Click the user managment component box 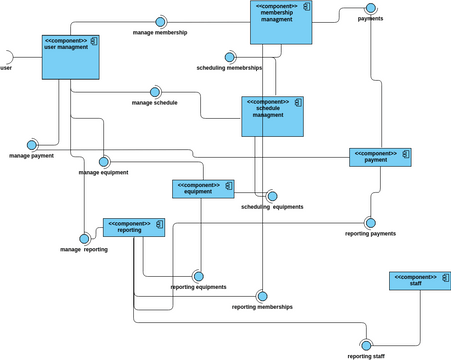[x=71, y=57]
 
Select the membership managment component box [x=281, y=22]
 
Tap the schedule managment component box [x=272, y=116]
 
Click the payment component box [x=380, y=157]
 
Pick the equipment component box [x=203, y=189]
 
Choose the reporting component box [x=134, y=228]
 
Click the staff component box [x=420, y=281]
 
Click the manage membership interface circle [x=160, y=22]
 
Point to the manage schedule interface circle [x=155, y=92]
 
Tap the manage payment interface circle [x=32, y=145]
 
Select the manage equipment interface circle [x=104, y=162]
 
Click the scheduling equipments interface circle [x=272, y=196]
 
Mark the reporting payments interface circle [x=370, y=223]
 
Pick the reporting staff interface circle [x=366, y=345]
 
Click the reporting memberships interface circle [x=263, y=296]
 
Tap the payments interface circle [x=371, y=8]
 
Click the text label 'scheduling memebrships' [x=229, y=68]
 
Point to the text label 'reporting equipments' [x=198, y=287]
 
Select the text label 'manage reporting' [x=84, y=250]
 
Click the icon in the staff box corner [x=446, y=278]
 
